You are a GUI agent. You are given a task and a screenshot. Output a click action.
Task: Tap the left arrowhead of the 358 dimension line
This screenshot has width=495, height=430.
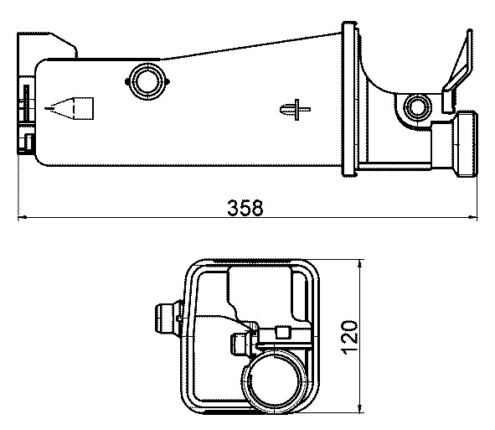pyautogui.click(x=23, y=220)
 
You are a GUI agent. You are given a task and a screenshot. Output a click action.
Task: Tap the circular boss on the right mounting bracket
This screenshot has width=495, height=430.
pyautogui.click(x=415, y=106)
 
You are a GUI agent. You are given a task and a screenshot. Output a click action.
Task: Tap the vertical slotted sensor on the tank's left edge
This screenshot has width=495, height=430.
pyautogui.click(x=26, y=102)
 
